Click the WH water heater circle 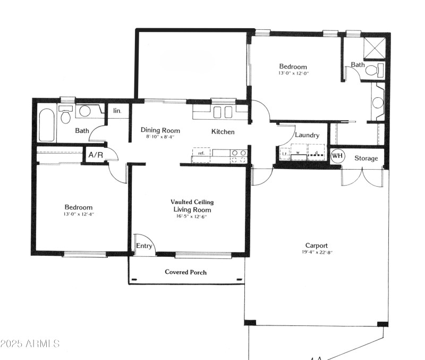337,157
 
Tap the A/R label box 96,155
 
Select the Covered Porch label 185,272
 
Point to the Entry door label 144,246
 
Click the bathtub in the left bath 47,125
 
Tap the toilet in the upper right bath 376,70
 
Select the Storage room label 366,158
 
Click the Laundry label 307,135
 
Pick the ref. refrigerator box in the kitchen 201,153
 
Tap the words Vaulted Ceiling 192,202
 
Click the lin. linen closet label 117,111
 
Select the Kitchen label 223,131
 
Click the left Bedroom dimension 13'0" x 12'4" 79,214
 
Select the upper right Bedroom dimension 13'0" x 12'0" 293,73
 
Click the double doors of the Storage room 362,177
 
